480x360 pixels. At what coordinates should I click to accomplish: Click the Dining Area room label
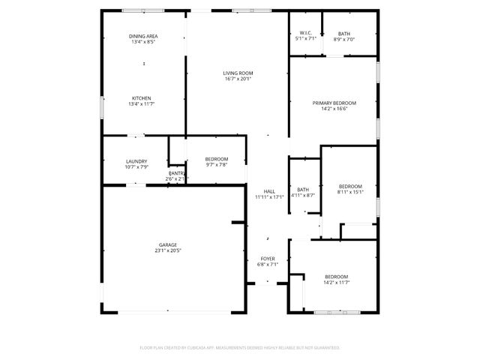click(x=142, y=36)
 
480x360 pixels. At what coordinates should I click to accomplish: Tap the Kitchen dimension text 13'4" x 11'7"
click(x=142, y=105)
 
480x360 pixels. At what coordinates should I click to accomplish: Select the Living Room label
click(x=238, y=73)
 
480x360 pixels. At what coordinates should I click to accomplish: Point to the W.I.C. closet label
click(x=305, y=33)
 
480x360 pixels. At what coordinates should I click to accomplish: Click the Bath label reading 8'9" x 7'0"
click(x=343, y=39)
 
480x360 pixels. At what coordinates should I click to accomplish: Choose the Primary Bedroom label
click(x=334, y=103)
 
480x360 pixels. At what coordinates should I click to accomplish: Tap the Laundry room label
click(x=136, y=160)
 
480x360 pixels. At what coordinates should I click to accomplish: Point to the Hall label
click(x=268, y=191)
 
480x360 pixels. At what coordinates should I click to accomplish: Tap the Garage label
click(x=167, y=244)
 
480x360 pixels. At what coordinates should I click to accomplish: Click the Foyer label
click(x=268, y=258)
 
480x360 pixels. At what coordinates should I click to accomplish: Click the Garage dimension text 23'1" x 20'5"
click(x=167, y=250)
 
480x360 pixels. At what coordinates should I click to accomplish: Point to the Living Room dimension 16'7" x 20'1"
click(x=238, y=79)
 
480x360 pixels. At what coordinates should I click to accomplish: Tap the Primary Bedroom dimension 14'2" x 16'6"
click(x=334, y=109)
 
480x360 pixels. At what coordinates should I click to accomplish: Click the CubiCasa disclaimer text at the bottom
click(x=240, y=348)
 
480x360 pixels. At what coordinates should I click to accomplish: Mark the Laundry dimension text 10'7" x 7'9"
click(x=136, y=166)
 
